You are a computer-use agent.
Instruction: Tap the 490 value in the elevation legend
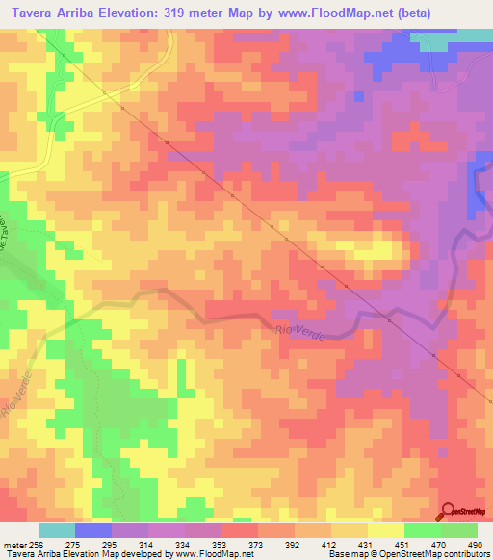475,545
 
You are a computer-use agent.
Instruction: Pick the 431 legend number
365,545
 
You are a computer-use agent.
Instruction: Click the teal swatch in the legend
56,530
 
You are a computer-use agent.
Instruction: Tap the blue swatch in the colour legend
92,530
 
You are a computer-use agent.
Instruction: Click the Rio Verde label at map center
300,332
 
